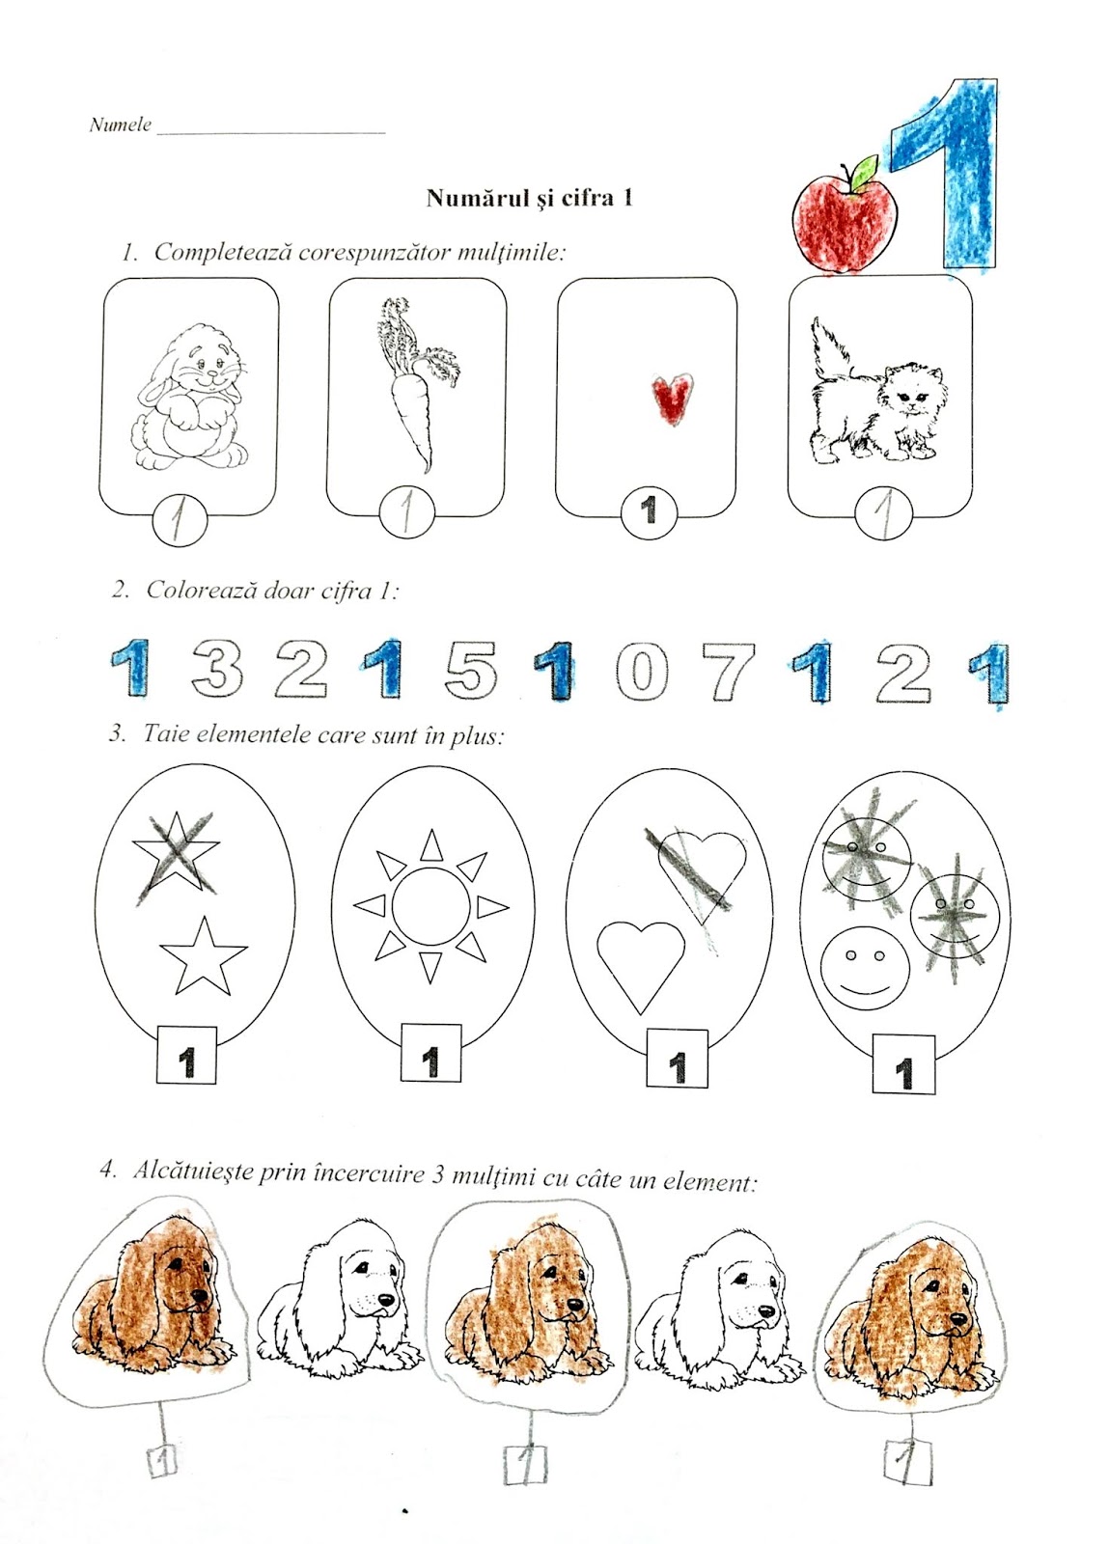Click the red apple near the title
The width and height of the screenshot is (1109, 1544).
(845, 219)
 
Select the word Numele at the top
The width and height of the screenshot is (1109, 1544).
(120, 124)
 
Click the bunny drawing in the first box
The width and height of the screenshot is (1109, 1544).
(189, 397)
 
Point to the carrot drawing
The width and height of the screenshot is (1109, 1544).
(412, 382)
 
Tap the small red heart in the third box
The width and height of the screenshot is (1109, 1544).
(672, 398)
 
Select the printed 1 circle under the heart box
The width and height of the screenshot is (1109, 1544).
(649, 510)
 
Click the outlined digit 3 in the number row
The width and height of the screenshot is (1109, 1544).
(216, 668)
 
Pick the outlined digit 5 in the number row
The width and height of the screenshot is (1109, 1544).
(471, 669)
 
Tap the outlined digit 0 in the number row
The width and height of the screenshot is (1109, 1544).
(642, 671)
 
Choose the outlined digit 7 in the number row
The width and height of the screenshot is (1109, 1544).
(730, 673)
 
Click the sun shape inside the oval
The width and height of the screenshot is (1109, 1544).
(430, 906)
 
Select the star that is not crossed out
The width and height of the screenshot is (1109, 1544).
(204, 956)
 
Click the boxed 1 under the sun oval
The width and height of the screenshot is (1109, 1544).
(430, 1061)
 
